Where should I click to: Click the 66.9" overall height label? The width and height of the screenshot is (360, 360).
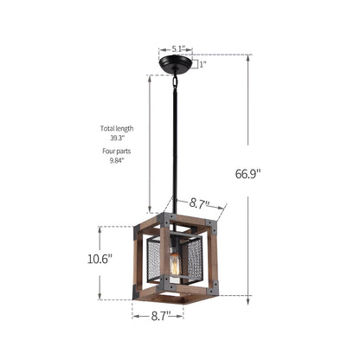(x=247, y=174)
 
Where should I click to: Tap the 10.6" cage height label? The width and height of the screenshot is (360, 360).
(x=100, y=259)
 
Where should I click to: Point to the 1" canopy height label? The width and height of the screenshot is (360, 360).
(x=203, y=64)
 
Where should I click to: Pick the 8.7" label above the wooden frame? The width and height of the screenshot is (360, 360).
(x=199, y=203)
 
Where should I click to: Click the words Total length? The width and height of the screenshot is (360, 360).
(x=117, y=128)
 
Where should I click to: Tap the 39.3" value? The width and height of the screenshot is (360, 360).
(x=117, y=138)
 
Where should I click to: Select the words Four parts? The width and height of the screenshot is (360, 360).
(x=117, y=151)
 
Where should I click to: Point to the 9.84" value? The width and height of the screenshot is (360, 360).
(x=117, y=161)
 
